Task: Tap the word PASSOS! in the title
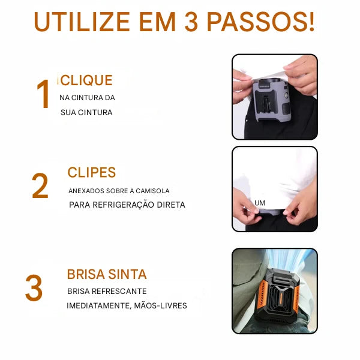pos(260,22)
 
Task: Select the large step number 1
pos(43,95)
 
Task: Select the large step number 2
pos(40,187)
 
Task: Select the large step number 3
pos(34,289)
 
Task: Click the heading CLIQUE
pos(86,80)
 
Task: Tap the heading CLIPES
pos(92,173)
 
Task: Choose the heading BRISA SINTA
pos(107,275)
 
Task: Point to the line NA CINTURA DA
pos(87,98)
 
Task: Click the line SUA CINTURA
pos(86,112)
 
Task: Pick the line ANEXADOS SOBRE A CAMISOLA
pos(119,191)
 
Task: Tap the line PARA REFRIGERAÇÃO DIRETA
pos(127,205)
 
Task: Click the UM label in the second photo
pos(260,203)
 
